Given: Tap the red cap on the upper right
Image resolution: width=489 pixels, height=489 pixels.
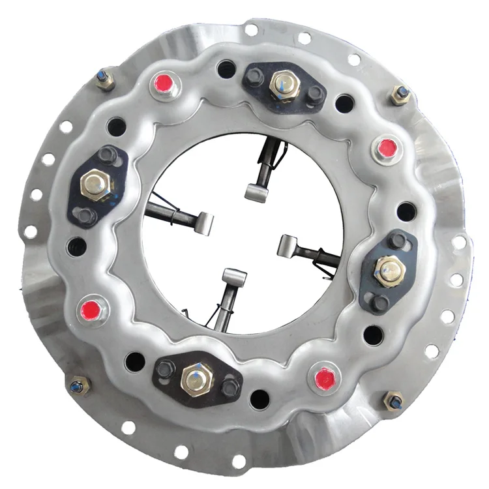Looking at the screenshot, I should click(387, 147).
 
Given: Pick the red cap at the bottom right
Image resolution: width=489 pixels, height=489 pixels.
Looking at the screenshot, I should click(323, 379).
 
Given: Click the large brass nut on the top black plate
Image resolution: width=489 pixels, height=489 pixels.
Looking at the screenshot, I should click(284, 83).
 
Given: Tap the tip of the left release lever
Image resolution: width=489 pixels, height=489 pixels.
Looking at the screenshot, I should click(205, 222).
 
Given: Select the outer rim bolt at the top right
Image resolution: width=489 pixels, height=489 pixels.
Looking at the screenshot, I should click(401, 95).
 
